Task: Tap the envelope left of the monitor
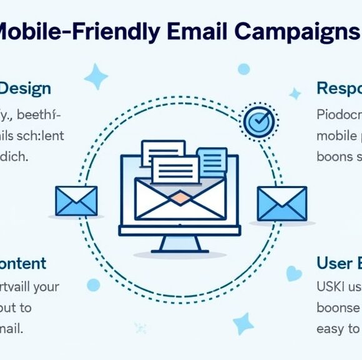coord(76,201)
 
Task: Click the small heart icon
coord(293,273)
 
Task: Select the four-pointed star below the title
coord(95,77)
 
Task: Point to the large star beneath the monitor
coord(243,323)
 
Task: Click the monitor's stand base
coord(179,244)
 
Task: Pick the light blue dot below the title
coord(243,69)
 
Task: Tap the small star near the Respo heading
coord(295,94)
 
